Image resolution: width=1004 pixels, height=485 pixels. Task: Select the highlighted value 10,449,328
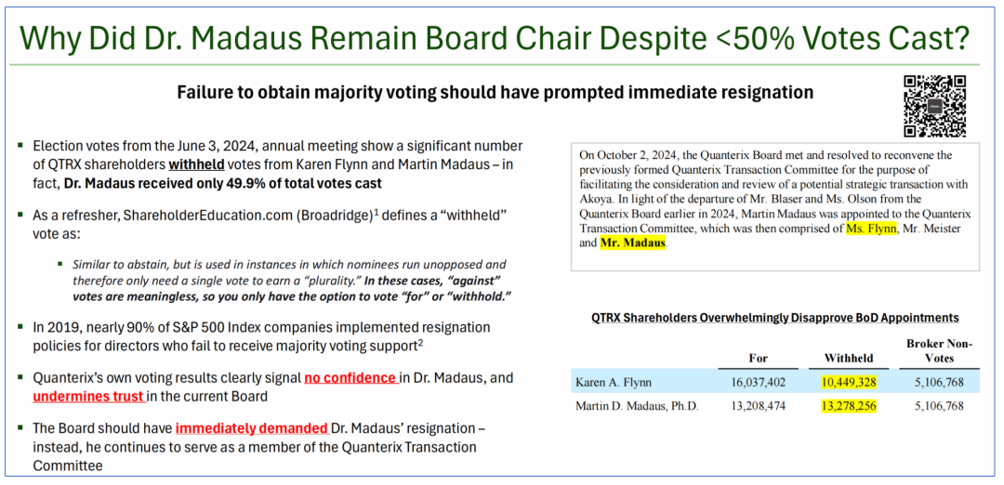point(849,382)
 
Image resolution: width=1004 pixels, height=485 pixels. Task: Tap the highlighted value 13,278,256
point(849,406)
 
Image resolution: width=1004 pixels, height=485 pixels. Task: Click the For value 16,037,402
point(758,382)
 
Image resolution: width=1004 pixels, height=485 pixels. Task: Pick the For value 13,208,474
point(758,406)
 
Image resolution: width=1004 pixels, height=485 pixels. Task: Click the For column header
point(759,359)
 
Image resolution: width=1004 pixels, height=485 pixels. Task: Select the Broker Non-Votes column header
point(939,351)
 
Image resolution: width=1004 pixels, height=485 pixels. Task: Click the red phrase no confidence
point(350,377)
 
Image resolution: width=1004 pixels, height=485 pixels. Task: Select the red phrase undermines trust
point(88,397)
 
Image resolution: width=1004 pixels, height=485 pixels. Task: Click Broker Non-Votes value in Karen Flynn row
point(939,382)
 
